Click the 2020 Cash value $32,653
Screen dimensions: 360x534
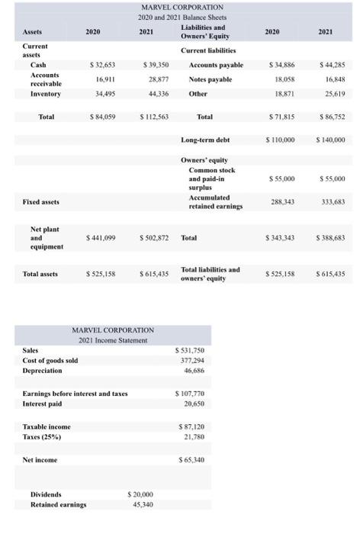[103, 65]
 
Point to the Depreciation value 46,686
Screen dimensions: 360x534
[191, 369]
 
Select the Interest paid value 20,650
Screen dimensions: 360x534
[191, 402]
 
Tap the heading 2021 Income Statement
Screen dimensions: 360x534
[113, 339]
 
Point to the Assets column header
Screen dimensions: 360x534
[33, 32]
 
